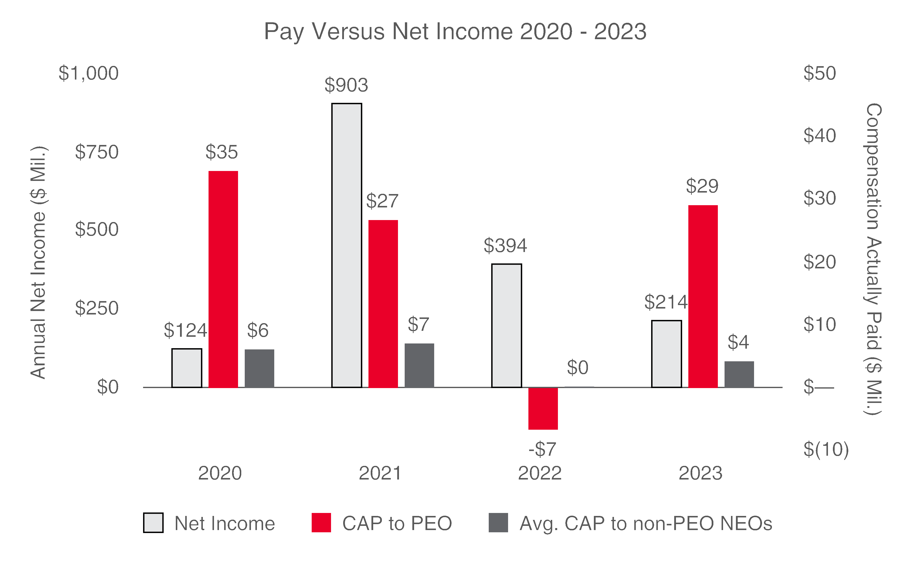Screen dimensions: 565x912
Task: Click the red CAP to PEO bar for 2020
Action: (223, 279)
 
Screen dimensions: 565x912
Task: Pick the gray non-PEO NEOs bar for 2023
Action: (739, 374)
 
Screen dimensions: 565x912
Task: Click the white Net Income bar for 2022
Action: (506, 325)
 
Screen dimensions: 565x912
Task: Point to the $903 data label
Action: (346, 85)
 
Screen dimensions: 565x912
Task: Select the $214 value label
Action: (666, 302)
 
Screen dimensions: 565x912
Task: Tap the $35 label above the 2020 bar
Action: (221, 152)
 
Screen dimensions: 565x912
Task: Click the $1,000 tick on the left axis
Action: (89, 73)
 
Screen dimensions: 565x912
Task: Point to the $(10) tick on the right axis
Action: (826, 449)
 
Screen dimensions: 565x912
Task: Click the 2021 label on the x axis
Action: (380, 473)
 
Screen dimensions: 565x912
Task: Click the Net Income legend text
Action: (224, 523)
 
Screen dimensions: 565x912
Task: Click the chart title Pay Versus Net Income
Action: (455, 31)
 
